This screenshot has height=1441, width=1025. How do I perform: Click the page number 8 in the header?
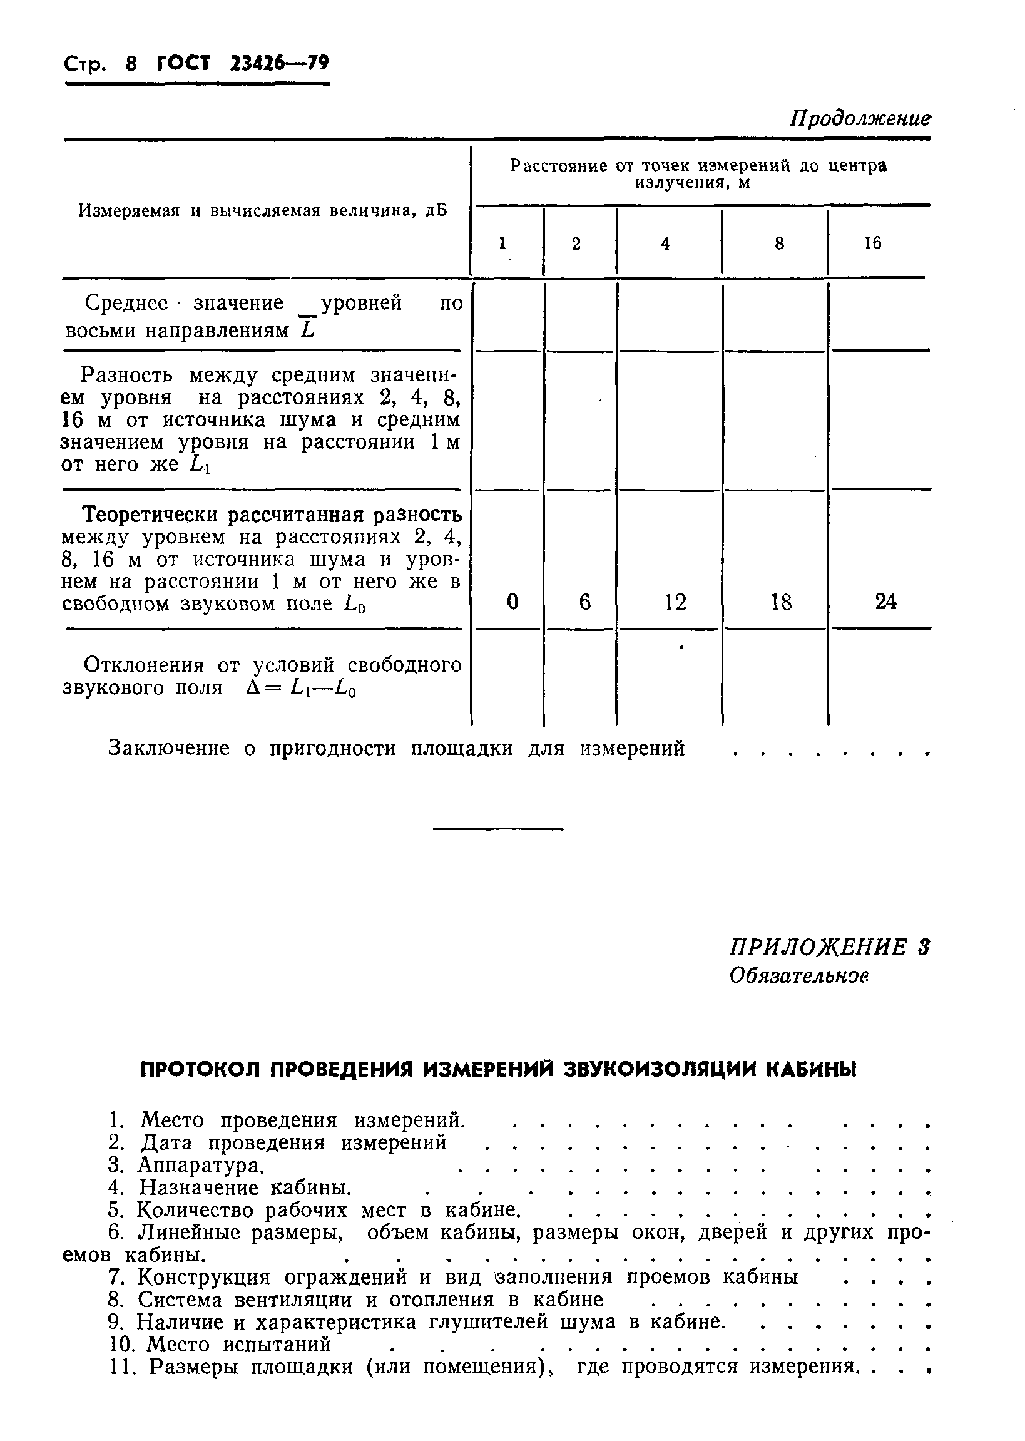click(x=131, y=64)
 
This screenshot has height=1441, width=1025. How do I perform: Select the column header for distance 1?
click(x=503, y=243)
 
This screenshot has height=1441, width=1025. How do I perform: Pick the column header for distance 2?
click(x=576, y=244)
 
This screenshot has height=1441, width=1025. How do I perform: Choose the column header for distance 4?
click(x=665, y=244)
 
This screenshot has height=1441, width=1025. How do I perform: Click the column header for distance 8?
click(x=780, y=243)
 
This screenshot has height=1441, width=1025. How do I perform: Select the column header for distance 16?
click(x=872, y=243)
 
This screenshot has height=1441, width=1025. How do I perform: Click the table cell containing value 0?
click(x=512, y=602)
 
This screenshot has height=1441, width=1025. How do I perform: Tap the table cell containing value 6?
click(x=585, y=602)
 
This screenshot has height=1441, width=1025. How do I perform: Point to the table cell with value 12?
click(x=675, y=602)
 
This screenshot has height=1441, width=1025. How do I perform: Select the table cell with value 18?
click(x=781, y=602)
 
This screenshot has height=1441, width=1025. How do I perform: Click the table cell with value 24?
click(x=885, y=602)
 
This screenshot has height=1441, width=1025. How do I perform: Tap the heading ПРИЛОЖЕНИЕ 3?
click(x=829, y=947)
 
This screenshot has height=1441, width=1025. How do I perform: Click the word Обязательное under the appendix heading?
click(x=799, y=976)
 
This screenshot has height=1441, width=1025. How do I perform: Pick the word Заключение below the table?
click(x=169, y=748)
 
